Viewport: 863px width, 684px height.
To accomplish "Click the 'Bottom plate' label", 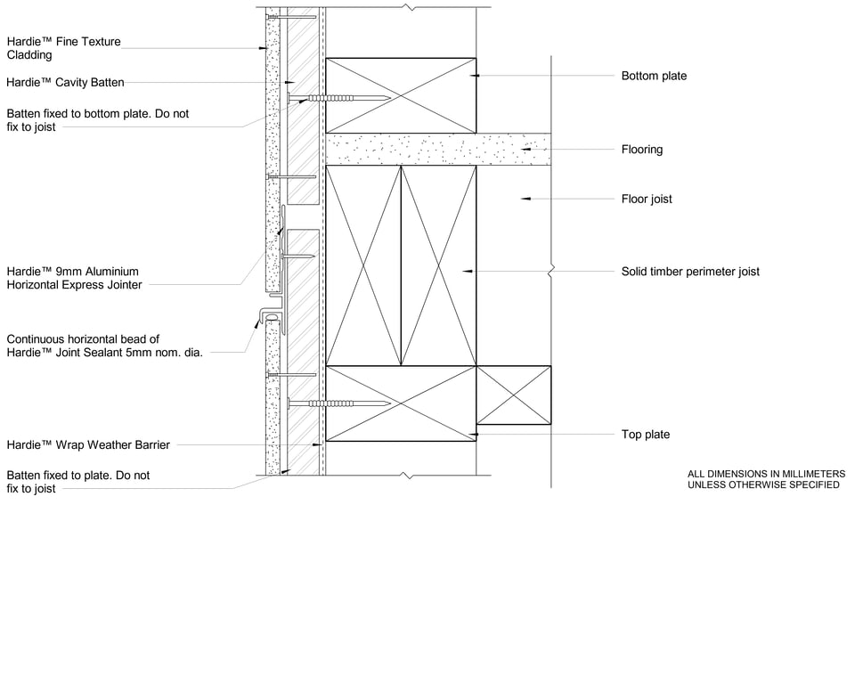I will (x=654, y=76).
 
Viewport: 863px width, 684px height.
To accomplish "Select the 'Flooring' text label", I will (x=641, y=150).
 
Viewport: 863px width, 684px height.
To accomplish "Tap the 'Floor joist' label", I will (x=647, y=199).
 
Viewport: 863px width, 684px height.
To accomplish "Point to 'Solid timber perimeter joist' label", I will (x=690, y=271).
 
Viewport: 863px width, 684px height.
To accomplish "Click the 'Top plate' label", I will (x=645, y=435).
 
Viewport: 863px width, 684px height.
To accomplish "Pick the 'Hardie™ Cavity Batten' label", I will (x=65, y=83).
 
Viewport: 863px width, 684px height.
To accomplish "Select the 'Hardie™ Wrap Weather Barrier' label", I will (x=88, y=444).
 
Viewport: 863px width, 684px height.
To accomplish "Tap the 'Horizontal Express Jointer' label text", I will (x=74, y=285).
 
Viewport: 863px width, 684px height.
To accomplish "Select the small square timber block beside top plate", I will (x=514, y=395).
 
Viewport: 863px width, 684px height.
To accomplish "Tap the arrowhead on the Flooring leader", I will (x=526, y=150).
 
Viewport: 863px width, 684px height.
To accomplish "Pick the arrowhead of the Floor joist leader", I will (x=525, y=199).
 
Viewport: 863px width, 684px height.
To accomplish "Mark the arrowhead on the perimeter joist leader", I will (x=466, y=271).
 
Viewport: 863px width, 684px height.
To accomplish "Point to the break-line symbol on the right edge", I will (x=552, y=267).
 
